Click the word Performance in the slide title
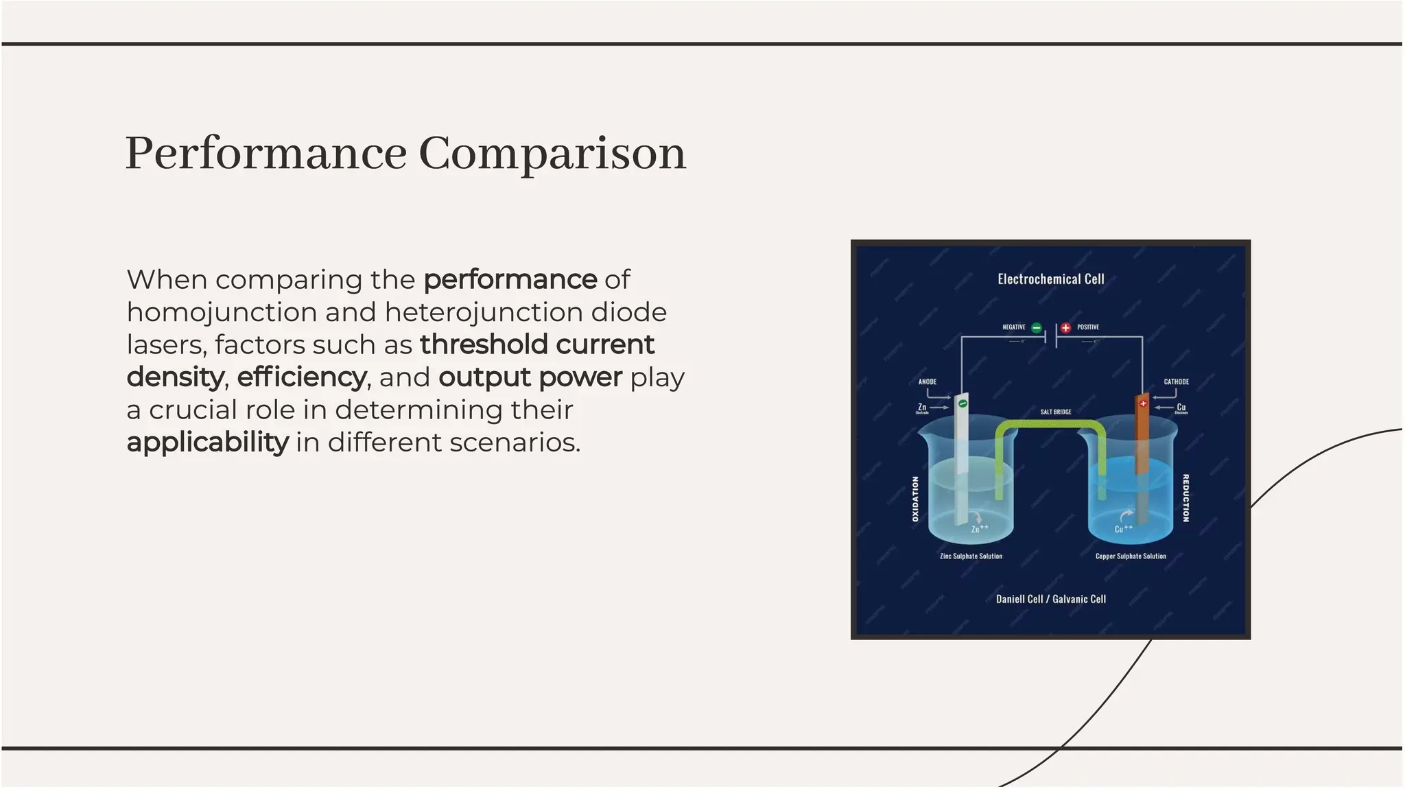[x=266, y=154]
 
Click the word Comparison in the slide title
[x=552, y=154]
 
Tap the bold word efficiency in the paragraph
[x=301, y=377]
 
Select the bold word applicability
[x=207, y=443]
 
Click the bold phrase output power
[x=530, y=377]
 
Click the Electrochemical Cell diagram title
[x=1050, y=279]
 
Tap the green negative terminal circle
[x=1037, y=328]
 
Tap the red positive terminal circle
[x=1065, y=328]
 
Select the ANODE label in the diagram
[x=927, y=381]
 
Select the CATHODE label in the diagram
[x=1176, y=381]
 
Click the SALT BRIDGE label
[x=1055, y=412]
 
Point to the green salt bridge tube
[x=1050, y=425]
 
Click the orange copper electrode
[x=1142, y=439]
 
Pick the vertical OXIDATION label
[x=915, y=499]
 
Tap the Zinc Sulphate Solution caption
[x=971, y=556]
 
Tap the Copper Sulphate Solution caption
[x=1131, y=556]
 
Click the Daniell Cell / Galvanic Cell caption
[x=1050, y=599]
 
